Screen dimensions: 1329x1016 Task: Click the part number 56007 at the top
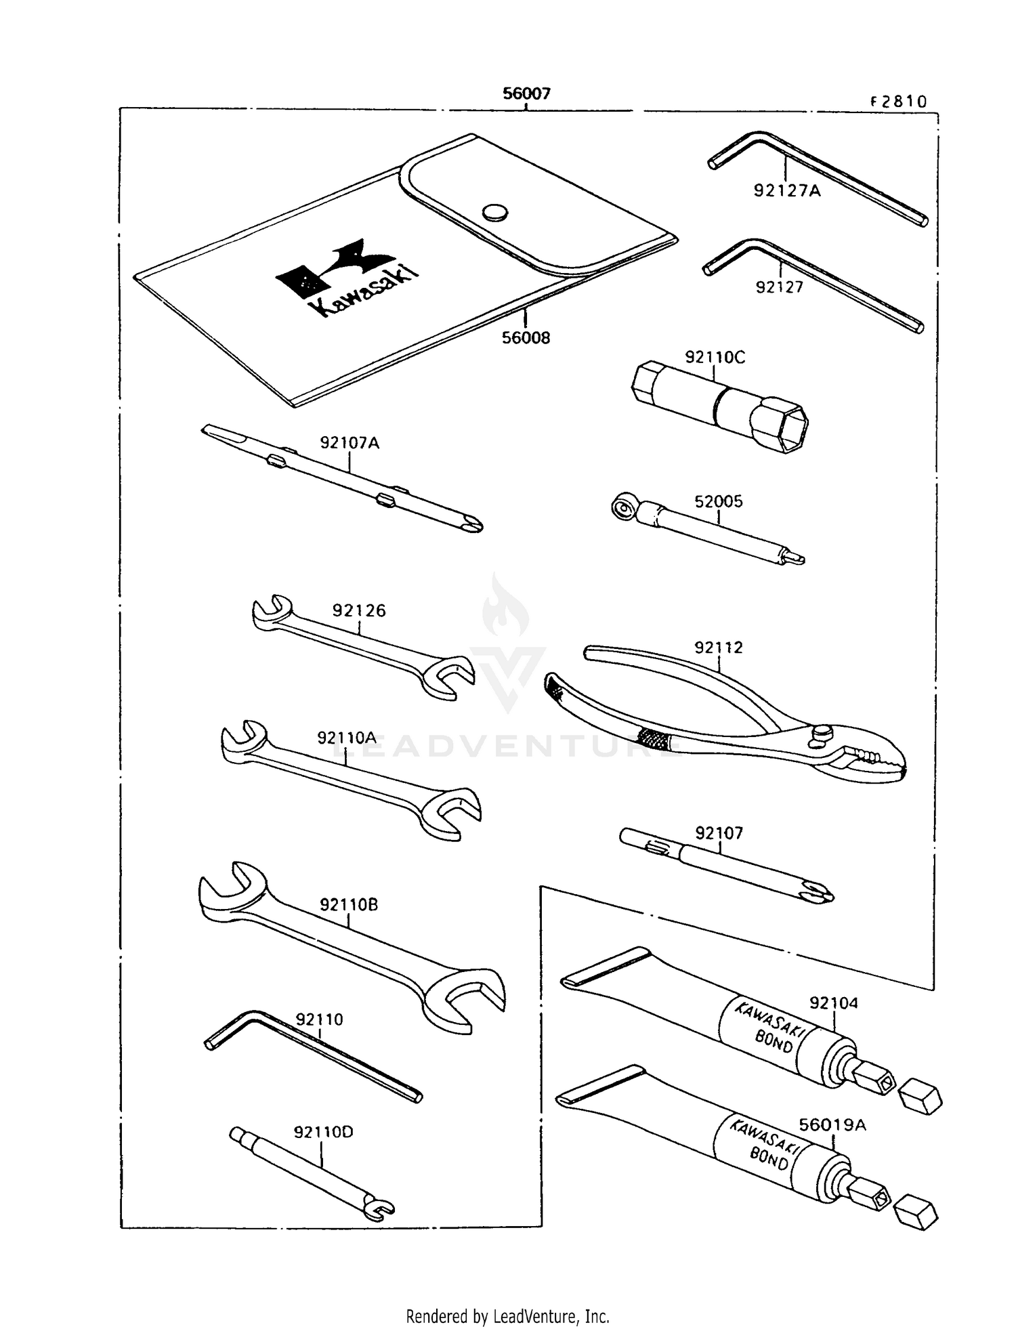(x=526, y=93)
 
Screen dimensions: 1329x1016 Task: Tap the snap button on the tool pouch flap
(x=495, y=212)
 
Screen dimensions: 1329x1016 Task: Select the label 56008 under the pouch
(x=526, y=337)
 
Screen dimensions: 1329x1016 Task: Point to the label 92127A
(x=786, y=191)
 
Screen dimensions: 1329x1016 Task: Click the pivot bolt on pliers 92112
(x=822, y=732)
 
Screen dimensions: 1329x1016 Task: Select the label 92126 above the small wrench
(x=359, y=610)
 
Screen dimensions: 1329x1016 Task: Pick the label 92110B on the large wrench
(x=348, y=904)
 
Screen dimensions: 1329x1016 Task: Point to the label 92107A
(x=350, y=443)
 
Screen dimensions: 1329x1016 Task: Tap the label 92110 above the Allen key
(x=319, y=1019)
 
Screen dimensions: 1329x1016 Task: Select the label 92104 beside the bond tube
(x=834, y=1003)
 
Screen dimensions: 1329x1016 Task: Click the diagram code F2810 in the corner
(x=898, y=102)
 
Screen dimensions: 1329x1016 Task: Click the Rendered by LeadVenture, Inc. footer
(x=507, y=1316)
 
